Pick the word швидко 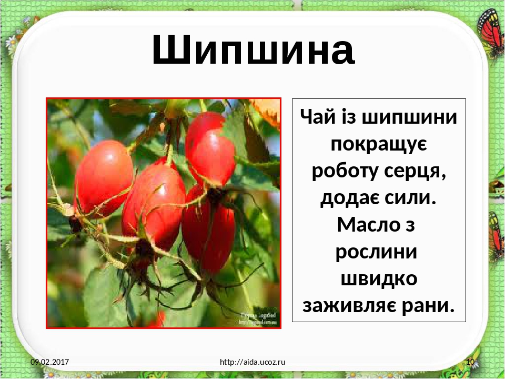point(379,278)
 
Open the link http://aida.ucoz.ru point(252,362)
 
